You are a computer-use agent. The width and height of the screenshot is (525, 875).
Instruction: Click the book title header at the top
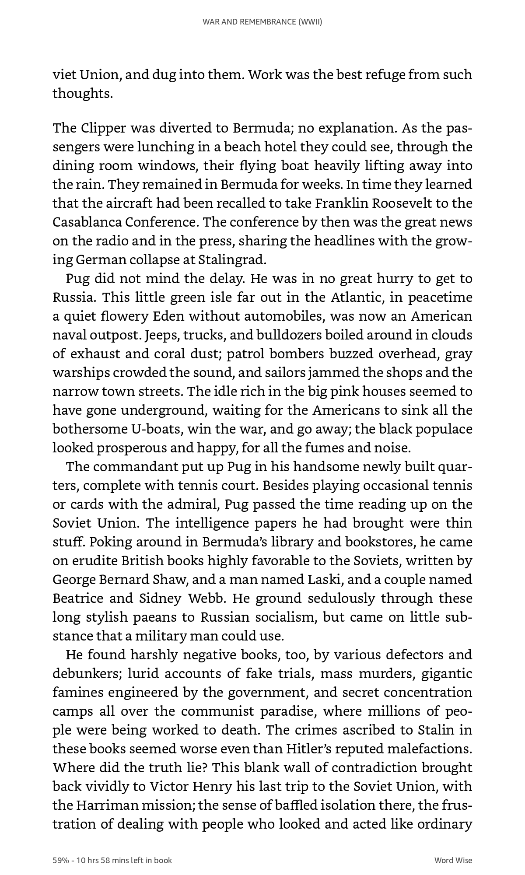pos(262,22)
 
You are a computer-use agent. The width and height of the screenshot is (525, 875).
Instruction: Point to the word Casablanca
pos(87,222)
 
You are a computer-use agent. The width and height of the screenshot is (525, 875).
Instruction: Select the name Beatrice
pos(78,598)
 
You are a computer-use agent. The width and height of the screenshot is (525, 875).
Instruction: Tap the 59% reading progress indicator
pos(61,860)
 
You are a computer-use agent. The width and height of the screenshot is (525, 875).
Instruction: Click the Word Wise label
pos(453,860)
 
